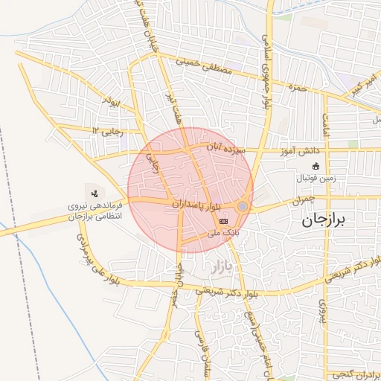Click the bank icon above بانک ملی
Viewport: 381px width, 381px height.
[x=224, y=221]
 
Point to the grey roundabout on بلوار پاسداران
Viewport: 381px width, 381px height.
[x=243, y=206]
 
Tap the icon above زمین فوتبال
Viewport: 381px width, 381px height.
[x=316, y=166]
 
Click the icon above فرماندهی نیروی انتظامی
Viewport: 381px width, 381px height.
[x=94, y=193]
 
